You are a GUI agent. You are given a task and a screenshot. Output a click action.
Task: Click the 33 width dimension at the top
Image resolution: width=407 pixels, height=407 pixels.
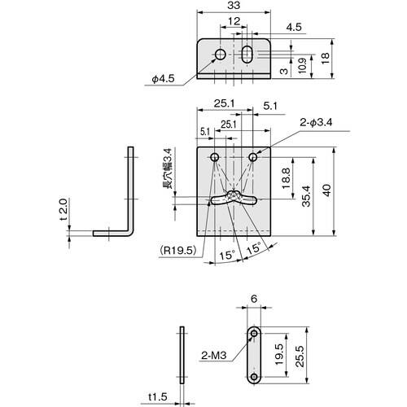[x=234, y=7]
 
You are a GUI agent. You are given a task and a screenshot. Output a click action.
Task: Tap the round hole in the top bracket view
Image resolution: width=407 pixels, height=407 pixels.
[x=220, y=55]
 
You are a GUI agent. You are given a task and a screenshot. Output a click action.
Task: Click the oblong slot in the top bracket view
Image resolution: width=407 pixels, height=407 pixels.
[x=247, y=55]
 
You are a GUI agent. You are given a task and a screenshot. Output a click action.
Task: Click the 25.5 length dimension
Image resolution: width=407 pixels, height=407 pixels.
[x=300, y=355]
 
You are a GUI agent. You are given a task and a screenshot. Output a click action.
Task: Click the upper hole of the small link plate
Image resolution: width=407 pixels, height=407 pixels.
[x=255, y=333]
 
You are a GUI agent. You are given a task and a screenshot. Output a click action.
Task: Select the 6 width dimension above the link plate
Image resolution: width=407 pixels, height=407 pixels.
[x=255, y=300]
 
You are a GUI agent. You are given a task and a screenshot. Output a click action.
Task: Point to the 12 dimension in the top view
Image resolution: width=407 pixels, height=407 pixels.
[x=234, y=22]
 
